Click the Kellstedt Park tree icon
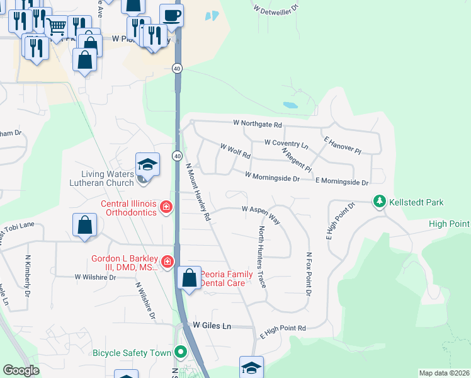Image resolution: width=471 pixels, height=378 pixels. coord(380,202)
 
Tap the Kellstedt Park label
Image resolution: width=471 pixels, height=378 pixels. coord(416,202)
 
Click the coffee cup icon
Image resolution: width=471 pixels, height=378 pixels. coord(171,14)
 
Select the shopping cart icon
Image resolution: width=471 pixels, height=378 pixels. coord(57,26)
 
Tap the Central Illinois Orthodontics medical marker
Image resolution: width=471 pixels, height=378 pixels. coord(166,207)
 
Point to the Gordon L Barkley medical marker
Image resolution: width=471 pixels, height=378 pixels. coord(167,260)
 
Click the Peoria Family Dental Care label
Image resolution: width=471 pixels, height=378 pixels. coord(227,278)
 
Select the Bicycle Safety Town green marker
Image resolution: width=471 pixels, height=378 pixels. coord(181,352)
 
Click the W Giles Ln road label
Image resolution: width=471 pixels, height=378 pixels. coord(212,326)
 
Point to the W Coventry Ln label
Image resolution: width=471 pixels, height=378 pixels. coord(286,144)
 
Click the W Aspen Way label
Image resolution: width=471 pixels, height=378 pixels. coord(261,210)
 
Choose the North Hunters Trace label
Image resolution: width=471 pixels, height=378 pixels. coord(262,258)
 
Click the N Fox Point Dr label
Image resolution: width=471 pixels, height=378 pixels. coord(309,274)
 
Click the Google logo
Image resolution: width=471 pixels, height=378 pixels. coord(21,370)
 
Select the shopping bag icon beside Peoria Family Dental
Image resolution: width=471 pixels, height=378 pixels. coord(189,277)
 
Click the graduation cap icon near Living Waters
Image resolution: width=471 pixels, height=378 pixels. coord(147,165)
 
